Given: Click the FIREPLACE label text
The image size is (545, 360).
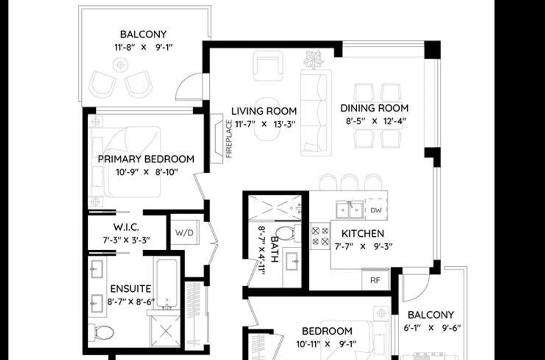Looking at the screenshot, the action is (x=229, y=139).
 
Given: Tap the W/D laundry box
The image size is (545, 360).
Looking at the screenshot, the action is (x=185, y=232).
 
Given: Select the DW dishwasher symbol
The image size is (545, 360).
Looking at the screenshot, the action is (x=376, y=210).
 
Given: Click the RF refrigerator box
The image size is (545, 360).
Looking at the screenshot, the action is (x=376, y=280).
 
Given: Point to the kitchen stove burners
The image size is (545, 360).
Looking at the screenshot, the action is (x=320, y=236).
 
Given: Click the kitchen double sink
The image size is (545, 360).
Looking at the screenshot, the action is (x=349, y=209).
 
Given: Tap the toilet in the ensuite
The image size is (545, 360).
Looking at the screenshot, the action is (x=101, y=333).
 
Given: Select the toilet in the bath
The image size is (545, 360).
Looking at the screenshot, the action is (x=288, y=234).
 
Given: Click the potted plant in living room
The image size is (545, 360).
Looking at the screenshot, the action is (x=314, y=59).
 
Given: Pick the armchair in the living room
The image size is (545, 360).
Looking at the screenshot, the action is (x=268, y=66).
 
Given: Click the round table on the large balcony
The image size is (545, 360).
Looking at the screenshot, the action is (x=121, y=65).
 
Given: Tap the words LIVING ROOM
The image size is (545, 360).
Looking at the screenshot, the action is (x=264, y=111).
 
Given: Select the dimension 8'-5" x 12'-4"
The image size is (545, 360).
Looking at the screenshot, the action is (x=376, y=121).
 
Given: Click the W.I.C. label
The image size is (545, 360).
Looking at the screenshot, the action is (x=126, y=228).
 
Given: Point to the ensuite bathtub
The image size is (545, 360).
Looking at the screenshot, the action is (x=167, y=284).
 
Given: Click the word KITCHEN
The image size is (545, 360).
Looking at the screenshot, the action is (x=363, y=234).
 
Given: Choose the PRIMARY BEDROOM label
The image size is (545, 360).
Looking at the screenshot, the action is (x=146, y=159).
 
